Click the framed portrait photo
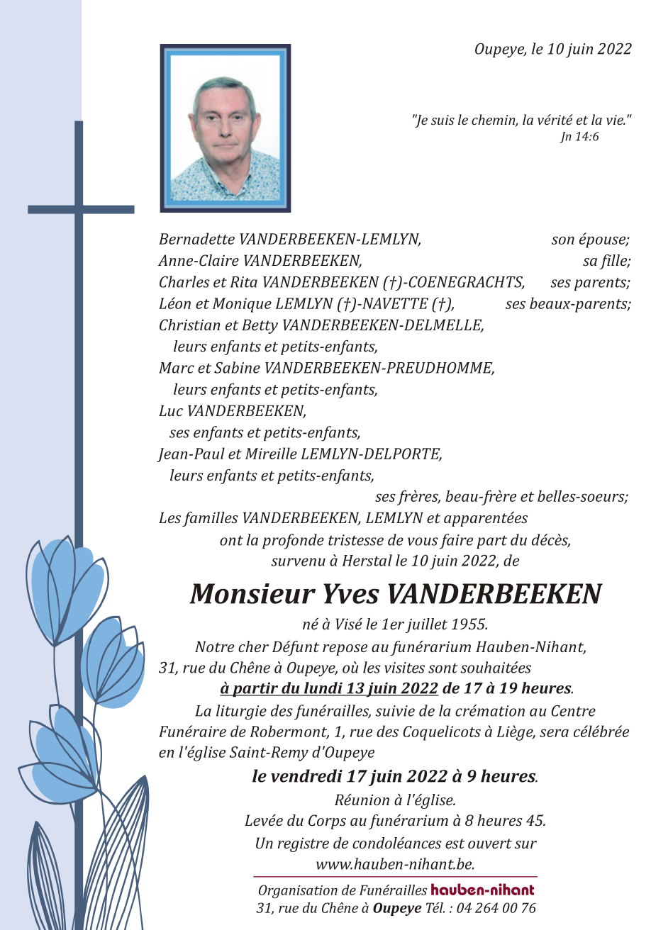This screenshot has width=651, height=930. tap(226, 128)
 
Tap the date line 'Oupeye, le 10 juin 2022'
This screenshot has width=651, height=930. tap(552, 49)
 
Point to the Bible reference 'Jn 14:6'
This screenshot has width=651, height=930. tap(579, 137)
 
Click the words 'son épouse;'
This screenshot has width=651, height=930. tap(591, 240)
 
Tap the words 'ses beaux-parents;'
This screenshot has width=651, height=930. tap(568, 304)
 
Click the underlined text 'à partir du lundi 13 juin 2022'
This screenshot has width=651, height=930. tap(319, 688)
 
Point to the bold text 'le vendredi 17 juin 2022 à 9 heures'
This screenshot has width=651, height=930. tap(394, 776)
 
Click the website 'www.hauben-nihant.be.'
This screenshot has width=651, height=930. tap(395, 864)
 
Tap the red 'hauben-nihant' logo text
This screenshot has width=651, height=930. tap(482, 890)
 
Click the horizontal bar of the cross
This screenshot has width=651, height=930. tap(81, 209)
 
